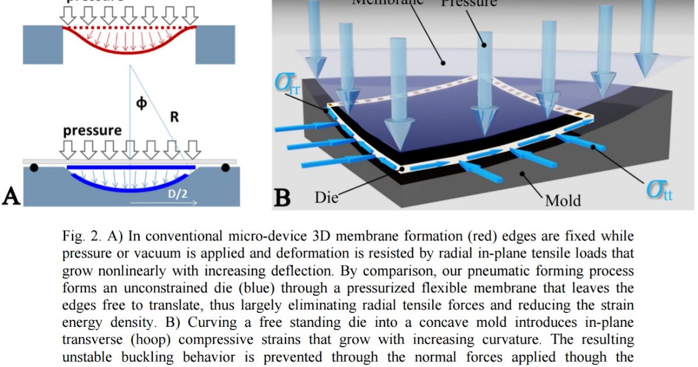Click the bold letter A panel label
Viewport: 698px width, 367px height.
click(12, 196)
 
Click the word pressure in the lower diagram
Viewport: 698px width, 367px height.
click(92, 130)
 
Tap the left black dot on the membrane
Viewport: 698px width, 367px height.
click(35, 168)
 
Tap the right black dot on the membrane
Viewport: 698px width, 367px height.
click(226, 168)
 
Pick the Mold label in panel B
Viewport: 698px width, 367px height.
click(562, 201)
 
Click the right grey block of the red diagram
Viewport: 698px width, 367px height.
click(215, 44)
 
